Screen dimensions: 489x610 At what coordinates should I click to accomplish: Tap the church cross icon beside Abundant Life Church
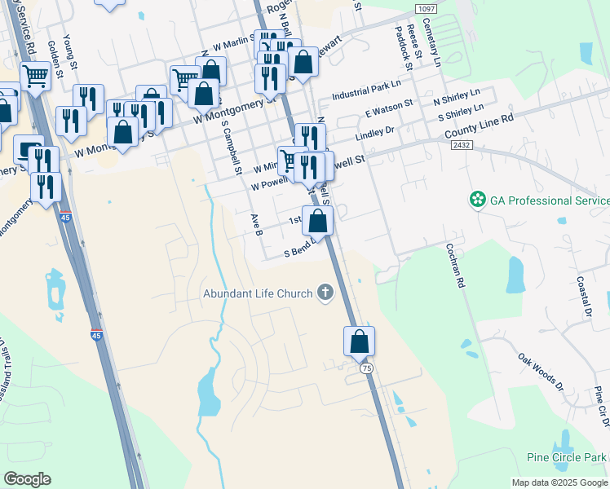[325, 293]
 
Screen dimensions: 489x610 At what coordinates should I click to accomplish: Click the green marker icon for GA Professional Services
[475, 200]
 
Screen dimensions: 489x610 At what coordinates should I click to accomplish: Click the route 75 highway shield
[367, 368]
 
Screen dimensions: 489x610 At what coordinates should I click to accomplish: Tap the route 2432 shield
[462, 144]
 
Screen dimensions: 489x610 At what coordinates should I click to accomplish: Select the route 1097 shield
[426, 8]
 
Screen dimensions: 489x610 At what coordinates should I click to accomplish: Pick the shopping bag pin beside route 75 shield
[359, 341]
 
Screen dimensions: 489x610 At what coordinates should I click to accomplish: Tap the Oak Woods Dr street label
[541, 371]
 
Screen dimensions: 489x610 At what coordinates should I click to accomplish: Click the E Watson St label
[390, 108]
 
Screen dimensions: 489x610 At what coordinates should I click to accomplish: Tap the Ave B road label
[256, 225]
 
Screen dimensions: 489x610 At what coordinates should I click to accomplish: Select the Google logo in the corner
[27, 479]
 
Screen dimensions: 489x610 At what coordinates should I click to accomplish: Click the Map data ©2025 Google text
[559, 482]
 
